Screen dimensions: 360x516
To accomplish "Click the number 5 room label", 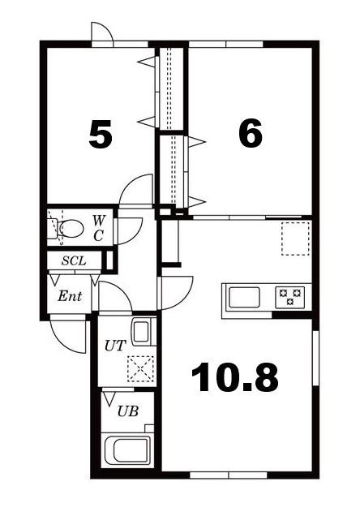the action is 101,134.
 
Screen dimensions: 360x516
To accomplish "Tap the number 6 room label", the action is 251,132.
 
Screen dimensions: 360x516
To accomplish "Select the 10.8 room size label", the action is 234,377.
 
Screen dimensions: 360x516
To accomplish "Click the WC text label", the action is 98,228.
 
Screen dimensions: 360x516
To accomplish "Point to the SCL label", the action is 74,261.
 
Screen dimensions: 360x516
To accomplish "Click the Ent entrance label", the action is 70,296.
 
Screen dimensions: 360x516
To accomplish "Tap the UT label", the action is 115,346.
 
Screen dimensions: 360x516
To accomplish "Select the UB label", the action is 128,411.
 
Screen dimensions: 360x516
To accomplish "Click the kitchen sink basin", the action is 244,297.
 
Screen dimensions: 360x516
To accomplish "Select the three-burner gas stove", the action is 289,297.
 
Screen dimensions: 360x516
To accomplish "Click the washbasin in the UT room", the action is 141,331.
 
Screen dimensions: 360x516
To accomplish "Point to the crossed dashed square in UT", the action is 141,368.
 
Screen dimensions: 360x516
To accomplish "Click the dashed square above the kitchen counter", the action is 296,239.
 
